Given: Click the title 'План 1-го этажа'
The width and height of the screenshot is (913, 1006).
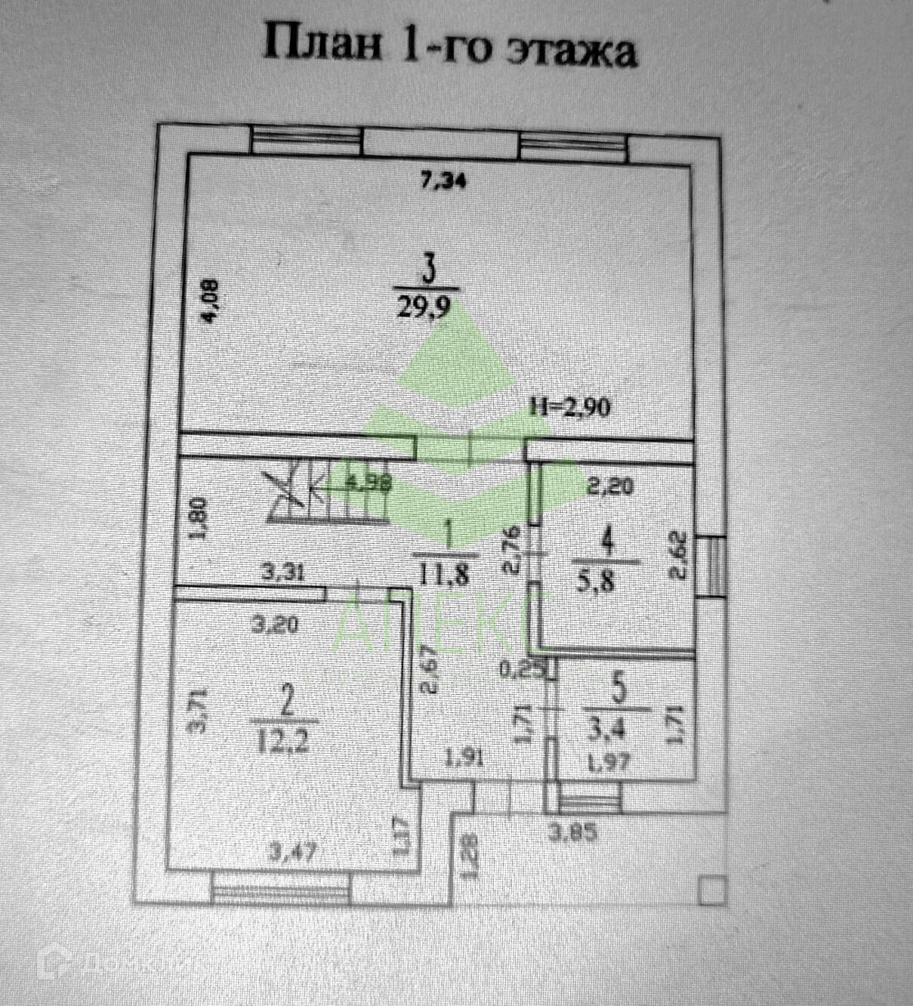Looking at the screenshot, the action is (x=449, y=47).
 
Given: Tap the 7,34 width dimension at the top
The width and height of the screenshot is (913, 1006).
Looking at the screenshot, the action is (x=444, y=181).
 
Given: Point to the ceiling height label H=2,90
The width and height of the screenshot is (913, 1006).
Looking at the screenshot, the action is (x=570, y=408).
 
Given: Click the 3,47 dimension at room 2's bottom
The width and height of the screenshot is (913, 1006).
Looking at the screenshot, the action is (x=292, y=853).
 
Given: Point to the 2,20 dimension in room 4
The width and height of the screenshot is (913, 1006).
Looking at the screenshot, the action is (x=610, y=488).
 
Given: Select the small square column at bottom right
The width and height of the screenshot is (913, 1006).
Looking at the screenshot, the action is (x=711, y=891).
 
